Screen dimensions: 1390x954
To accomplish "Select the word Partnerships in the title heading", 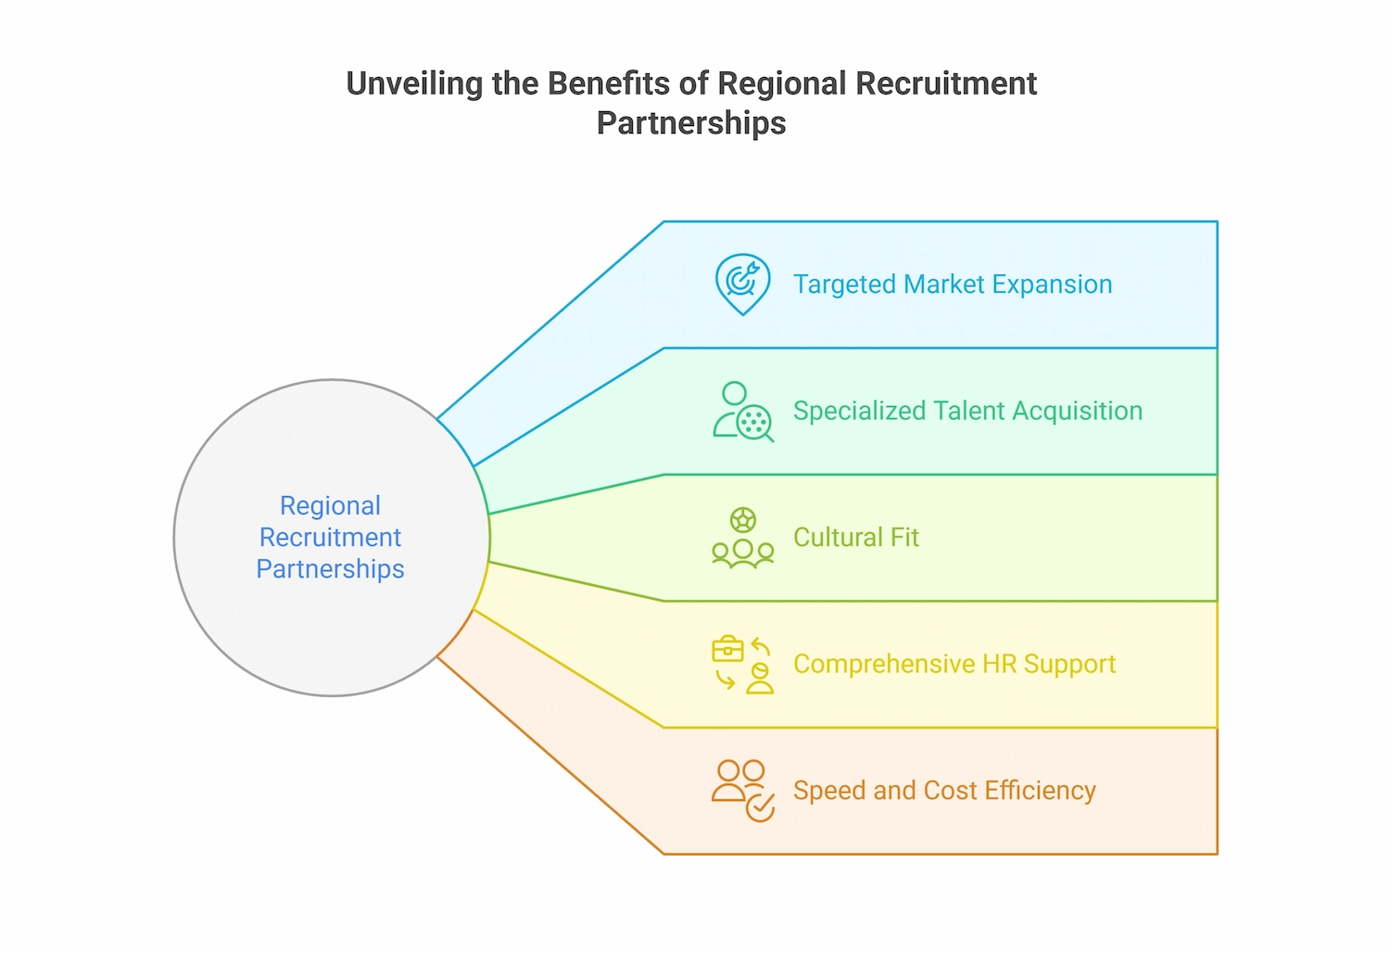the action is click(691, 123).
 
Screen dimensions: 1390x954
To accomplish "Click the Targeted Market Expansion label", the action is click(952, 285).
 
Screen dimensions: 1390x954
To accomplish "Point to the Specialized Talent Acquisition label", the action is click(967, 411).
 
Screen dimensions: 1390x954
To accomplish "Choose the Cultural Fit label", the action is click(855, 538).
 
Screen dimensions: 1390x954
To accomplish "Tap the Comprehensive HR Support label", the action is click(954, 664).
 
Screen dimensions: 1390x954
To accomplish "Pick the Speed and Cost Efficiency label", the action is click(944, 791).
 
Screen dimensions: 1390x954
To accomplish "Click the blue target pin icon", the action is click(742, 283).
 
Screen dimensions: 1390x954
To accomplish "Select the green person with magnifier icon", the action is click(742, 412).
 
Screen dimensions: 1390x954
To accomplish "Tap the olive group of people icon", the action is click(742, 538).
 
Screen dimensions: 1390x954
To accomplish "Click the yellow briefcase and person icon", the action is click(742, 665).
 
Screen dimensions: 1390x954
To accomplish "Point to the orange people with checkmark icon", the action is click(742, 791).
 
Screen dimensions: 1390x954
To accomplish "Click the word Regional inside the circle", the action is click(330, 505).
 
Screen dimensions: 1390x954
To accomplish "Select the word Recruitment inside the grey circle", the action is click(330, 537).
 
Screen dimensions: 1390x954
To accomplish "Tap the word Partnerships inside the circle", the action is click(330, 568).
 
